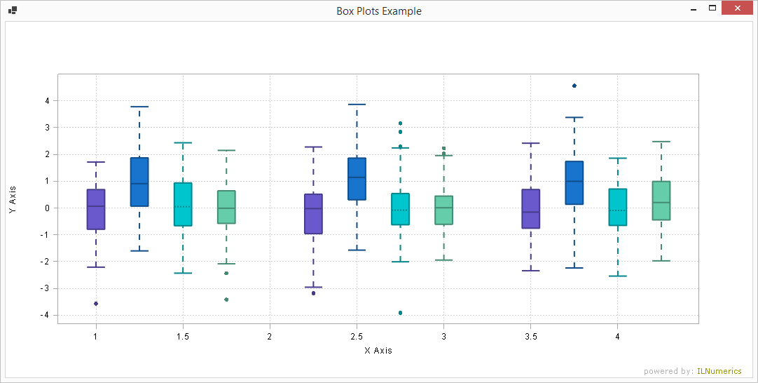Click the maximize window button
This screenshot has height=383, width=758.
pos(712,9)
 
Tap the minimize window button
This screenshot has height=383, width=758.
pos(693,9)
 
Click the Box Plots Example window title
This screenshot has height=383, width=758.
pos(379,11)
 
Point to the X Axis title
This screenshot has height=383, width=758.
pos(378,350)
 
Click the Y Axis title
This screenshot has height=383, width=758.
pos(12,201)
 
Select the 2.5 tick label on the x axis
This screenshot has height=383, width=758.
pos(357,337)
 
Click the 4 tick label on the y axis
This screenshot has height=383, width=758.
pos(47,101)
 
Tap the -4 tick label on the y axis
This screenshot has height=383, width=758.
pos(45,316)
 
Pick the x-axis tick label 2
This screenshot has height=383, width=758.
pos(270,337)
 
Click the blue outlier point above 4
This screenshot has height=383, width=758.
pos(574,86)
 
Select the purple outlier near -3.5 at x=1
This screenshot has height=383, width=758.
pos(96,304)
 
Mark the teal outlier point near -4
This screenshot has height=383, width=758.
pos(401,313)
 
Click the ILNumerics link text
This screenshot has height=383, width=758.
pos(719,372)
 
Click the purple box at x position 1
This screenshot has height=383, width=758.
pos(96,209)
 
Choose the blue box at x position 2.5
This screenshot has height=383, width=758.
pos(357,179)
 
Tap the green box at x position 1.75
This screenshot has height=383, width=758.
pos(226,207)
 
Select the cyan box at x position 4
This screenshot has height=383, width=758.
pos(618,207)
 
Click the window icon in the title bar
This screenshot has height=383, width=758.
pos(13,11)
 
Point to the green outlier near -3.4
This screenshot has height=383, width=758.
pos(226,300)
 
